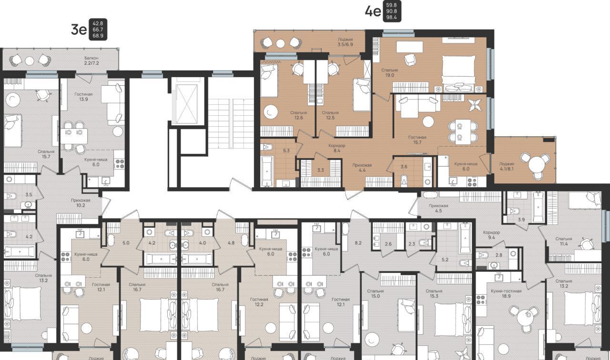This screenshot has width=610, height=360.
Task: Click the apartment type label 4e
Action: (373, 11)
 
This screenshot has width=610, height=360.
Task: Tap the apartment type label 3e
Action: (79, 30)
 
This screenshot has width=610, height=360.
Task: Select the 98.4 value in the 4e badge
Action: (392, 18)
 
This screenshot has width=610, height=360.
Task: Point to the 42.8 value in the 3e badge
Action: (98, 24)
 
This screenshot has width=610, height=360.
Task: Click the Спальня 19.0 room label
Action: (390, 73)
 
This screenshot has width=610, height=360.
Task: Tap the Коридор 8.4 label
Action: (337, 148)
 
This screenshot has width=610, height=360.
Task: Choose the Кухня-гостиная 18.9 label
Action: (506, 293)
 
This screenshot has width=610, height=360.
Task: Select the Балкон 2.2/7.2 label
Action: (91, 60)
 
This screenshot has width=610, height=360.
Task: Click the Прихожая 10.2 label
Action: (81, 203)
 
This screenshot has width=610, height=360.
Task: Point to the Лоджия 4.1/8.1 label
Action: (507, 166)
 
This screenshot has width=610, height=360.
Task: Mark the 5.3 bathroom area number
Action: (286, 150)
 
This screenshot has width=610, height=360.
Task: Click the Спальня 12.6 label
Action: (298, 115)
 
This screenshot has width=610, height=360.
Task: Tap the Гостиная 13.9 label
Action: (83, 97)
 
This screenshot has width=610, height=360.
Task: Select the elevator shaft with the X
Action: (187, 100)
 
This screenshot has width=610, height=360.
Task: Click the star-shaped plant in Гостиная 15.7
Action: (475, 105)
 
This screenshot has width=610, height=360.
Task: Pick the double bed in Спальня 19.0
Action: (458, 73)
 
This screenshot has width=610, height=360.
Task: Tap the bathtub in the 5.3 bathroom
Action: (267, 171)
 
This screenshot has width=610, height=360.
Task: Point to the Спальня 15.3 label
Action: (434, 293)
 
